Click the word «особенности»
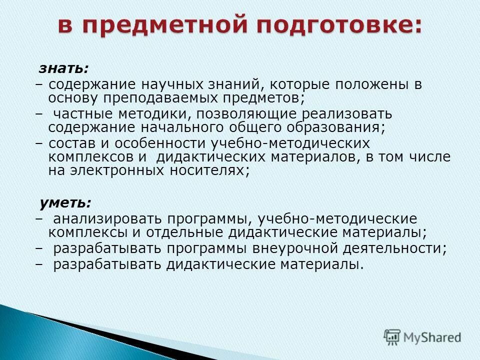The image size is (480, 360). click(161, 143)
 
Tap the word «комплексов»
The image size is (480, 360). click(93, 156)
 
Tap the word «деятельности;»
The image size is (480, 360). click(395, 248)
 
